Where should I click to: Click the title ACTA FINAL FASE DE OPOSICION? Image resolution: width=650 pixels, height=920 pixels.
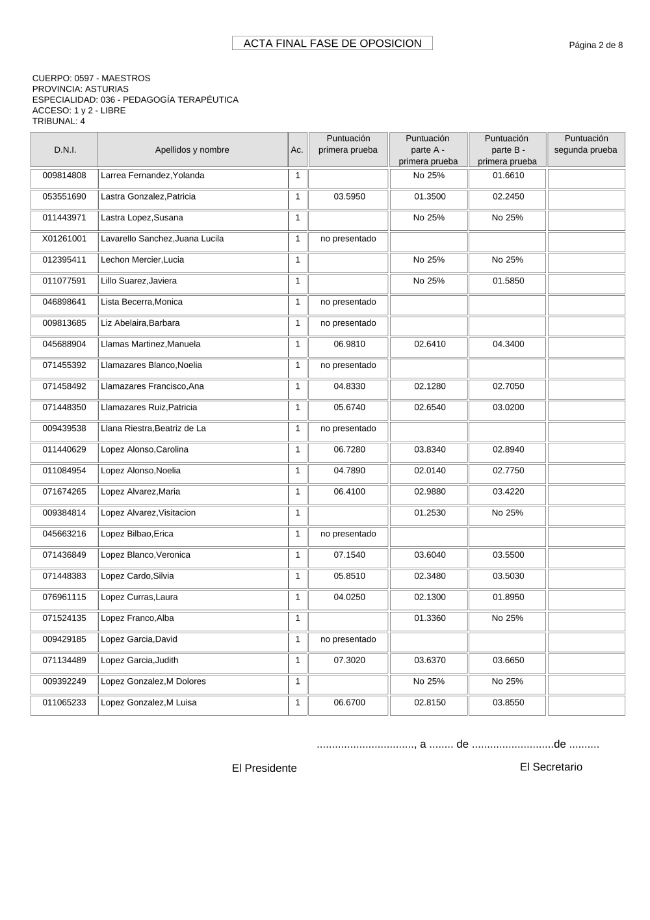coord(332,44)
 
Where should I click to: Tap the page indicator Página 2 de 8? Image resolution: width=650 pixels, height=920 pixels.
coord(595,45)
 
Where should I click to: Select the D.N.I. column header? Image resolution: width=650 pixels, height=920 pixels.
coord(64,150)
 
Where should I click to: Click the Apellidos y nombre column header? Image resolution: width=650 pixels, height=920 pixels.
coord(192,150)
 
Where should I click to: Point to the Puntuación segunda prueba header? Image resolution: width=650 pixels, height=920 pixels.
coord(586,144)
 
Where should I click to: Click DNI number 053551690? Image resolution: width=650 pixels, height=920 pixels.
coord(64,196)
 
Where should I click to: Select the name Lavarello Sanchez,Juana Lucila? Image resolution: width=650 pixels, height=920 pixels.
coord(162,239)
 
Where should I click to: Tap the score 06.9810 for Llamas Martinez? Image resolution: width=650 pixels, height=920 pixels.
coord(349,344)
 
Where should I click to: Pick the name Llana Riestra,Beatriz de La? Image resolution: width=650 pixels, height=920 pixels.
coord(153,428)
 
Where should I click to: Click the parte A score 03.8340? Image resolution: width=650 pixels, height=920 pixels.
coord(430,449)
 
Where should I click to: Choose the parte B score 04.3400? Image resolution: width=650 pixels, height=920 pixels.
coord(508,344)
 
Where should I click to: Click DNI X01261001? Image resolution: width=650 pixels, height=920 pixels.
coord(64,239)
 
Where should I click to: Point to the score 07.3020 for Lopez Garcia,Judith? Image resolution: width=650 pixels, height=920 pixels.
coord(349,660)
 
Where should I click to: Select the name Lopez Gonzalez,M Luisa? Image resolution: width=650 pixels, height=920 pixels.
coord(149,702)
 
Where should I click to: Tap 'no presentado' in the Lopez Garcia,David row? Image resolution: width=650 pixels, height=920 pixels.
coord(348,639)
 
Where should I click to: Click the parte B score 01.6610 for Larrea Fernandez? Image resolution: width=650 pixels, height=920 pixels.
coord(508,175)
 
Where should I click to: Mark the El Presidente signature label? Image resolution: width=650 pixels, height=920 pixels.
coord(264,768)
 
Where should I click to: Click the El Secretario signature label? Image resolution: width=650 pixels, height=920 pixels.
coord(551,767)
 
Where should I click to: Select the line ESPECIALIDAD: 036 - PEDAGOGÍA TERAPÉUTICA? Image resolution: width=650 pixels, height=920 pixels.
coord(135,99)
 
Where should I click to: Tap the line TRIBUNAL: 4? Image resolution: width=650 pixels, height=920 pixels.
coord(58,121)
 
